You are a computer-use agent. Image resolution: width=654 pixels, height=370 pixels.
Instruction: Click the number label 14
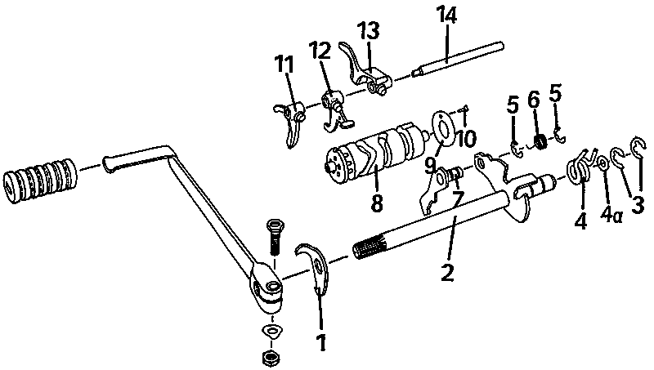pyautogui.click(x=447, y=16)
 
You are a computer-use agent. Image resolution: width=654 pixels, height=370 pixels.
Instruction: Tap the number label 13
pyautogui.click(x=370, y=32)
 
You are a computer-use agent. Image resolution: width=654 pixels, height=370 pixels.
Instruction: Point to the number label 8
pyautogui.click(x=377, y=203)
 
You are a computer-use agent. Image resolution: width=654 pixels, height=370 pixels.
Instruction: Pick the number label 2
pyautogui.click(x=447, y=272)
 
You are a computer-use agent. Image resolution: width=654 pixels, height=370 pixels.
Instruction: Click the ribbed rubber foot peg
pyautogui.click(x=40, y=181)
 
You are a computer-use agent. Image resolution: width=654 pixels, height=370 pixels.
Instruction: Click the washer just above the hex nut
pyautogui.click(x=271, y=332)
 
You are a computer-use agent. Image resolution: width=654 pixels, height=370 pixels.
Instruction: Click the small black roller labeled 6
pyautogui.click(x=540, y=141)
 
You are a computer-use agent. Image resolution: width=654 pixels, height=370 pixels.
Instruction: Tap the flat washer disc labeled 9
pyautogui.click(x=443, y=127)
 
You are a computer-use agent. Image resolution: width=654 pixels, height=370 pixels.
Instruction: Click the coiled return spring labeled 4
pyautogui.click(x=580, y=166)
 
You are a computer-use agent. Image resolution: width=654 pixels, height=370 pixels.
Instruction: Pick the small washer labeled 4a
pyautogui.click(x=602, y=163)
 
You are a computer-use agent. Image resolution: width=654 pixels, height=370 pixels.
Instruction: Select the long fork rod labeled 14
pyautogui.click(x=458, y=59)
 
